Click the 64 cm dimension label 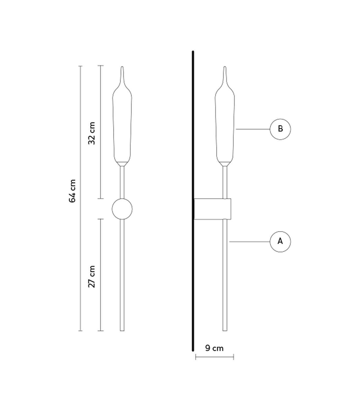(73, 191)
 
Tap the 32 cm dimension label (92, 133)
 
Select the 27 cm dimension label (92, 276)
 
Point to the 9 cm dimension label (214, 348)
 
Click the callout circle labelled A (280, 241)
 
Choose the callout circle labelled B (280, 129)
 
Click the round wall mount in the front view (122, 209)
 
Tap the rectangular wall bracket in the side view (212, 209)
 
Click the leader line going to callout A (249, 242)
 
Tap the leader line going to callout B (253, 129)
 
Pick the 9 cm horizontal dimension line (214, 357)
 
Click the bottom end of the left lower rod (122, 330)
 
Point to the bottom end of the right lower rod (225, 330)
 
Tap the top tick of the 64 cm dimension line (80, 66)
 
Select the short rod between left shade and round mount (122, 182)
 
